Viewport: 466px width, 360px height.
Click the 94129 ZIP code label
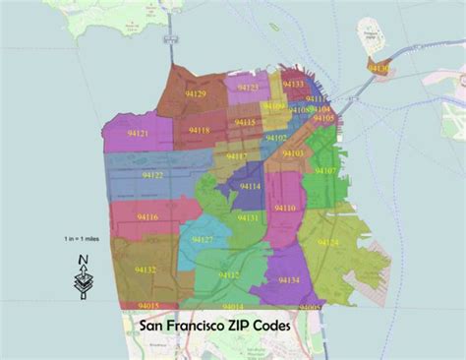pyautogui.click(x=195, y=94)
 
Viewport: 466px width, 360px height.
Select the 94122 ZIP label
pyautogui.click(x=153, y=176)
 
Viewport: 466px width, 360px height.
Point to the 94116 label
pyautogui.click(x=148, y=216)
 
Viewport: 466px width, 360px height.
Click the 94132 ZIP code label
pyautogui.click(x=146, y=269)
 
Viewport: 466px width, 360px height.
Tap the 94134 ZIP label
pyautogui.click(x=288, y=280)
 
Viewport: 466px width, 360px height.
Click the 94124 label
pyautogui.click(x=329, y=242)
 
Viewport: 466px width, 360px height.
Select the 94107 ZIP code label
pyautogui.click(x=323, y=170)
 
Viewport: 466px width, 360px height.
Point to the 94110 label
pyautogui.click(x=285, y=208)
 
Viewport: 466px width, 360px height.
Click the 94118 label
pyautogui.click(x=200, y=131)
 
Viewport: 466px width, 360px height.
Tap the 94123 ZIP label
pyautogui.click(x=249, y=88)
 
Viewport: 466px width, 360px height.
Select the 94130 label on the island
pyautogui.click(x=379, y=67)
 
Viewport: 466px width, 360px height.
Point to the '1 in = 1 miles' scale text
pyautogui.click(x=83, y=239)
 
